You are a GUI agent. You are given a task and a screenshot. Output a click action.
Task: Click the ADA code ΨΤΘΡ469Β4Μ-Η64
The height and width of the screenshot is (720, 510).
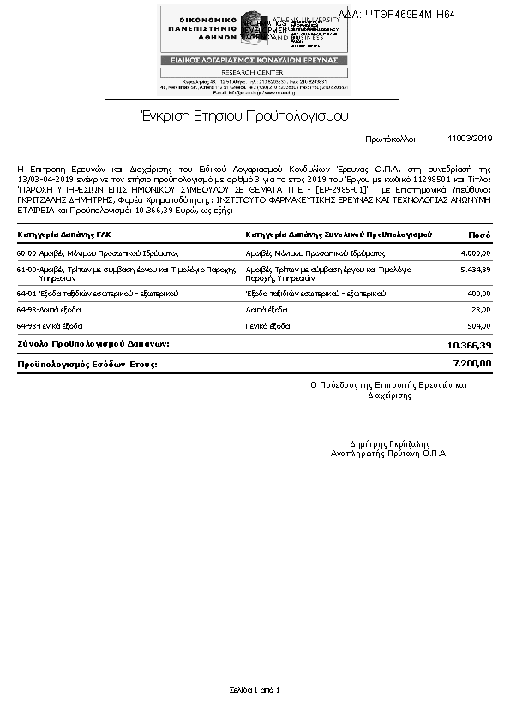click(409, 15)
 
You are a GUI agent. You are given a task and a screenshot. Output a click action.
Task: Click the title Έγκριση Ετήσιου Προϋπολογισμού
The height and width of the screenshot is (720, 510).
click(245, 116)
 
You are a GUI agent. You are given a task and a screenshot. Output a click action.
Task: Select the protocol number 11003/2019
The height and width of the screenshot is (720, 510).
click(470, 138)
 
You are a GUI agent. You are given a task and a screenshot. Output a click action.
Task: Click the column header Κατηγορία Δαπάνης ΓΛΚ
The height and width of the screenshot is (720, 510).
click(63, 234)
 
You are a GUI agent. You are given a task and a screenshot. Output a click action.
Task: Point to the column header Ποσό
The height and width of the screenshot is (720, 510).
click(479, 234)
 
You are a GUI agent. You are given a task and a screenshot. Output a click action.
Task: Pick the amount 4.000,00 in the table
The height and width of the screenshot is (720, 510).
click(475, 253)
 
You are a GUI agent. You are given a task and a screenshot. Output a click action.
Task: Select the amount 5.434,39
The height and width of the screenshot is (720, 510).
click(475, 270)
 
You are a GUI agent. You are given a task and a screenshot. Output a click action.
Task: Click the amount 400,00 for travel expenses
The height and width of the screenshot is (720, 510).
click(478, 294)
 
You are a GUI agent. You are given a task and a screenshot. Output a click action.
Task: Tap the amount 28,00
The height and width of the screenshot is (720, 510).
click(480, 310)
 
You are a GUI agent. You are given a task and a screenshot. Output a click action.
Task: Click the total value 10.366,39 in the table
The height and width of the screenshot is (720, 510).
click(469, 345)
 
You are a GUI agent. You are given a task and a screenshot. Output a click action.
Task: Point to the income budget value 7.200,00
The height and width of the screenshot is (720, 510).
click(471, 364)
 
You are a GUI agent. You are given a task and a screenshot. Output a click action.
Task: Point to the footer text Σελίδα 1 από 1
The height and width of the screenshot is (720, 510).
click(255, 689)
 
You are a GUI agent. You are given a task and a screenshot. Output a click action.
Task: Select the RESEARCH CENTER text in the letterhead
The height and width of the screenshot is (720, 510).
click(254, 72)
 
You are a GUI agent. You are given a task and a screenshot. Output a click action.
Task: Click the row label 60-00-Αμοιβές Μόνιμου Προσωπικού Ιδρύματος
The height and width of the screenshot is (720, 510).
click(97, 253)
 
